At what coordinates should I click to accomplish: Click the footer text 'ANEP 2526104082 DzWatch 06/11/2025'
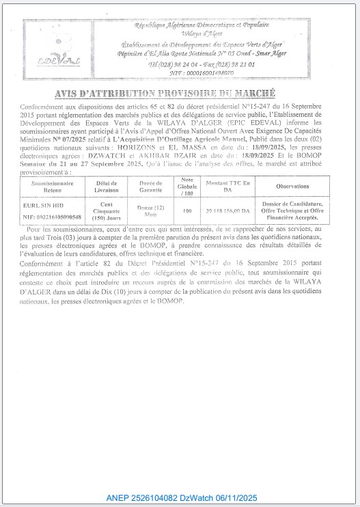180,498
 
